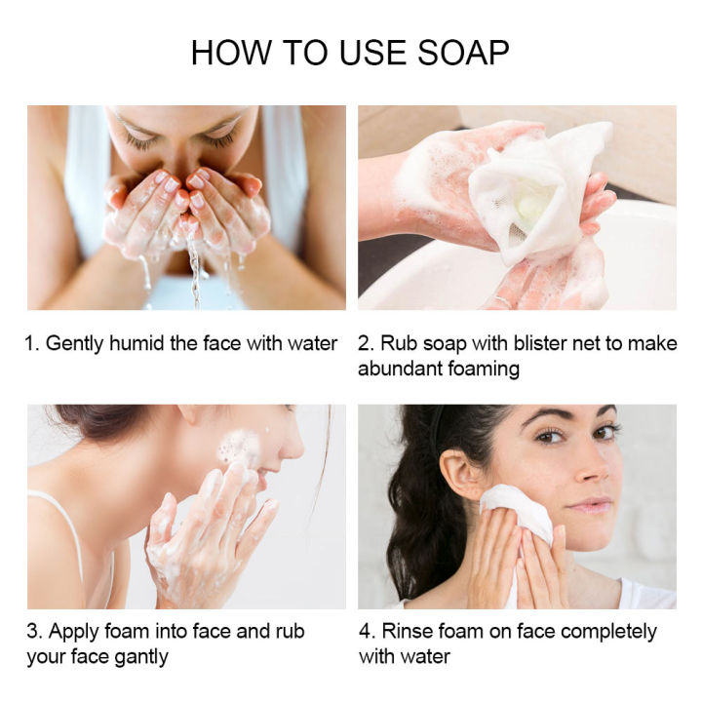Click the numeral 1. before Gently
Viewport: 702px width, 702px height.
coord(33,343)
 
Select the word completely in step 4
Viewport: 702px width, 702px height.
coord(605,632)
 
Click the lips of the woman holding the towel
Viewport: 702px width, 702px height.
coord(590,504)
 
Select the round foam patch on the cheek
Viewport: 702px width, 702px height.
coord(238,448)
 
